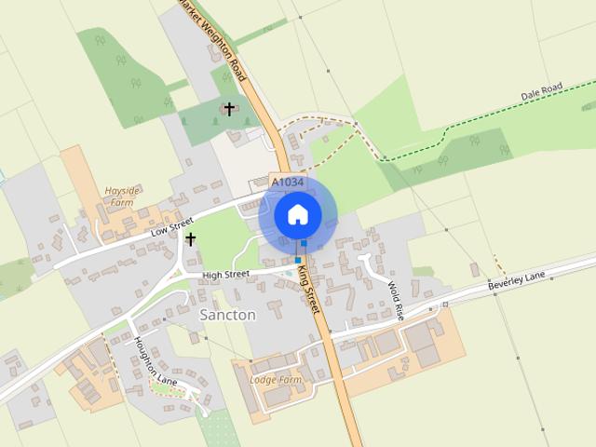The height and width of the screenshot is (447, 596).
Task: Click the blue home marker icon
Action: click(x=297, y=214)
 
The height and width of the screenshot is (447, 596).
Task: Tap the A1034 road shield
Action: click(x=286, y=180)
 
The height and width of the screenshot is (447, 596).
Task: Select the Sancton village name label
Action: click(x=227, y=315)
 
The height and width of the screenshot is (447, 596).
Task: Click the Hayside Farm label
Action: click(x=121, y=196)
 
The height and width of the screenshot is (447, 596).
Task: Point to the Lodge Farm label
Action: click(x=277, y=380)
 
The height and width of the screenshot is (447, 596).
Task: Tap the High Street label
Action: click(x=225, y=275)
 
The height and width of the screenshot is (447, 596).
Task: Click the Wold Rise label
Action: click(x=396, y=299)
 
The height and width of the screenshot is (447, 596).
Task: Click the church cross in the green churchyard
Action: click(x=229, y=110)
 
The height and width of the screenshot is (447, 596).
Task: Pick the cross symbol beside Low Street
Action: click(x=191, y=239)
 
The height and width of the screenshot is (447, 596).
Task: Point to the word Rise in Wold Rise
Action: click(x=399, y=307)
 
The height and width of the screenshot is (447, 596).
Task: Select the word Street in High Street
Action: click(x=237, y=275)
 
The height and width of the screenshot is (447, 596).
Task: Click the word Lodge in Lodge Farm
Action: click(x=265, y=380)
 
